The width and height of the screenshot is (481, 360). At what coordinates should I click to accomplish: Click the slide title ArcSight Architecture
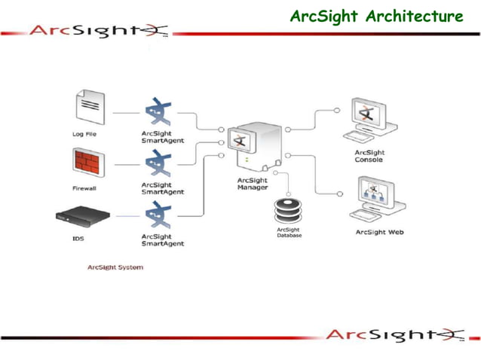click(x=377, y=16)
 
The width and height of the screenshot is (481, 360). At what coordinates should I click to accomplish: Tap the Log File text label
click(x=84, y=134)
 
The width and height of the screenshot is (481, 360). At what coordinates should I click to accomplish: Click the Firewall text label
click(x=84, y=188)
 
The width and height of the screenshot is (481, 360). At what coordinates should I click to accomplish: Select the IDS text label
click(x=78, y=239)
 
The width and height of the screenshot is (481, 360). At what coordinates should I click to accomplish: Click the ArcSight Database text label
click(x=289, y=233)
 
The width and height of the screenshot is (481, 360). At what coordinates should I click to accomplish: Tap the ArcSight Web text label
click(x=379, y=232)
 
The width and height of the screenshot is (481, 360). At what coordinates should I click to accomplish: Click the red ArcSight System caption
click(x=115, y=267)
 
